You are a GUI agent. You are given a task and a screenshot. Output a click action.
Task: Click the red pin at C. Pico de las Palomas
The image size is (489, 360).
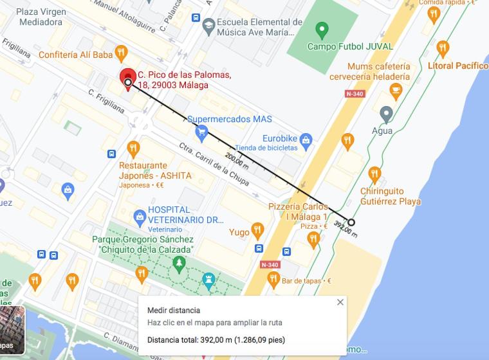pyautogui.click(x=128, y=77)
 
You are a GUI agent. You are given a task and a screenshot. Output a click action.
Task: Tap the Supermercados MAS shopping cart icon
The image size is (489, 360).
pyautogui.click(x=201, y=132)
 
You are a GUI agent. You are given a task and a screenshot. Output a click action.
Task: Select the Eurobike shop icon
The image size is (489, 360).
pyautogui.click(x=306, y=139)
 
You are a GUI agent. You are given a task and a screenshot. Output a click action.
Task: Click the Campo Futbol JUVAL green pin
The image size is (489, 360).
pyautogui.click(x=322, y=30)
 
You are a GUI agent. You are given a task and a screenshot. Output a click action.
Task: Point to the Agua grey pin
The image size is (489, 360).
pyautogui.click(x=386, y=114)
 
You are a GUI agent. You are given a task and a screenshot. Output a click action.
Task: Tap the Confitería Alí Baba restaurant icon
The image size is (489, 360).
pyautogui.click(x=120, y=53)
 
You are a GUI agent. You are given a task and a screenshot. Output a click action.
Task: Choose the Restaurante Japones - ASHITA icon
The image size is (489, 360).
pyautogui.click(x=133, y=148)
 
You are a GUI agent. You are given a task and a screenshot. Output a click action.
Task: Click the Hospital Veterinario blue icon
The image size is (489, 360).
pyautogui.click(x=138, y=215)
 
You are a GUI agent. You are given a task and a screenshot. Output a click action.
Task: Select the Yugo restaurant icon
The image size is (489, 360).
pyautogui.click(x=257, y=230)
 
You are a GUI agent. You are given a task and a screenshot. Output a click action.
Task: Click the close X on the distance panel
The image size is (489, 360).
pyautogui.click(x=340, y=302)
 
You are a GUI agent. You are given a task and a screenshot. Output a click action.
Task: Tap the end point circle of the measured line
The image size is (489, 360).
pyautogui.click(x=351, y=223)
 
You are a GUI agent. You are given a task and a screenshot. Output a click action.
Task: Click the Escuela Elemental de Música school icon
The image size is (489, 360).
pyautogui.click(x=208, y=27)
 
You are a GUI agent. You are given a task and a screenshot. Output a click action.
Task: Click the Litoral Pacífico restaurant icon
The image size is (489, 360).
pyautogui.click(x=443, y=48)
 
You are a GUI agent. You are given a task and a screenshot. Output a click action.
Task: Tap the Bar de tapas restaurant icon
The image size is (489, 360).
pyautogui.click(x=273, y=280)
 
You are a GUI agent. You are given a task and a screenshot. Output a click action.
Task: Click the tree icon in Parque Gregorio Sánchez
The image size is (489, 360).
pyautogui.click(x=179, y=263)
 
